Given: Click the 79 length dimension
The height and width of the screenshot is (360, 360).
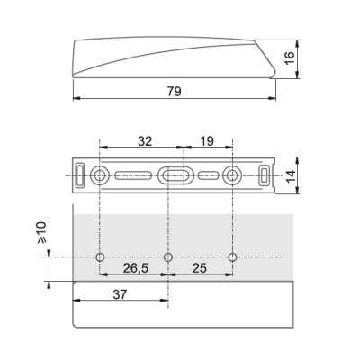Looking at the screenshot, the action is [175, 91].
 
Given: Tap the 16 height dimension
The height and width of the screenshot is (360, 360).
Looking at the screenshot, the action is [290, 58].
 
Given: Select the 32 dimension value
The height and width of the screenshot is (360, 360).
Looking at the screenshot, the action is [145, 140].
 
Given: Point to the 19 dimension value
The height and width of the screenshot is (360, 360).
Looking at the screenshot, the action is [207, 140].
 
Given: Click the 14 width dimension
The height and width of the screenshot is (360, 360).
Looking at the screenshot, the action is [291, 176].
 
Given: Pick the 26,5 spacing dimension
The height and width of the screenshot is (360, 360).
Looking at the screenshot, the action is [136, 268].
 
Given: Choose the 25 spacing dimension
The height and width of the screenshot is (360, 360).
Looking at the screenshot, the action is [200, 268].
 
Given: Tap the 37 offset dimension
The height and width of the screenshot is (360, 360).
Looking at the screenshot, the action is [120, 294].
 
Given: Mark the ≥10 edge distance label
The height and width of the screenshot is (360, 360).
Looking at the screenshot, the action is [42, 232].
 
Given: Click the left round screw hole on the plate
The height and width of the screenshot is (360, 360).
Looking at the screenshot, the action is [99, 175].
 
